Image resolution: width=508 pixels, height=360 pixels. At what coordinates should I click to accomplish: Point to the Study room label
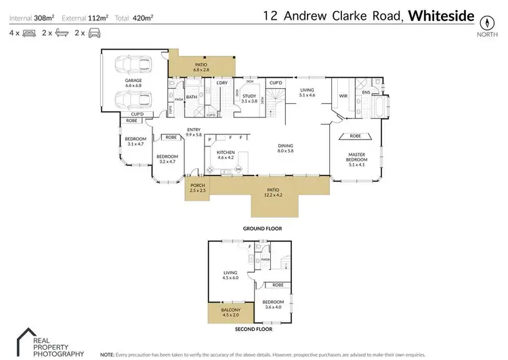[x=250, y=98]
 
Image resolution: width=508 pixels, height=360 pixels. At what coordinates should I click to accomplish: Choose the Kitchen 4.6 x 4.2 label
[x=226, y=155]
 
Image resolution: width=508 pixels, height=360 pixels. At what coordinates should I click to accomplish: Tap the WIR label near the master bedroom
[x=343, y=96]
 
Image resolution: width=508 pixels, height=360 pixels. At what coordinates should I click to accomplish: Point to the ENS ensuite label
[x=366, y=92]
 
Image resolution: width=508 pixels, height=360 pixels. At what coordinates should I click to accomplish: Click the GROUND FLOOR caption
[x=262, y=228]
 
